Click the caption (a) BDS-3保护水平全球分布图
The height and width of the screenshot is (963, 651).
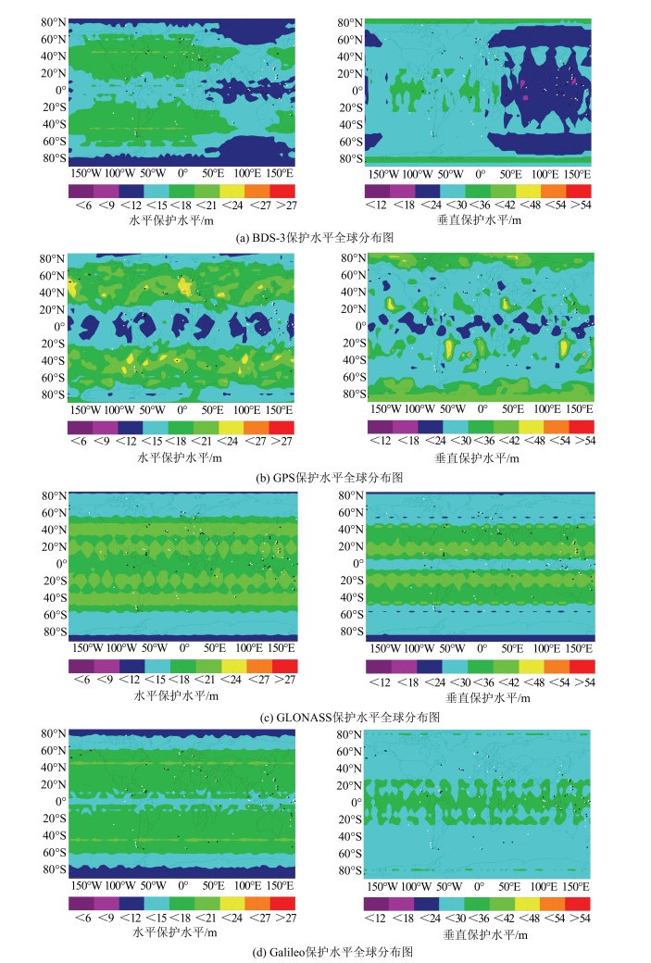325,237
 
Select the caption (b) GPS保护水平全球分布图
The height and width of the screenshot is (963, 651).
325,477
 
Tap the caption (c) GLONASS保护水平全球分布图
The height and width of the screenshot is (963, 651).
325,717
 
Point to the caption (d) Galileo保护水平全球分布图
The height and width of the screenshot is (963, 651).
325,952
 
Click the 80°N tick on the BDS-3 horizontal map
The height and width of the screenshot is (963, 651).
53,22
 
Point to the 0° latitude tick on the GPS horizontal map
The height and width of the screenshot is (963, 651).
60,327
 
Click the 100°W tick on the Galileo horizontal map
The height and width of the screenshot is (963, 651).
119,885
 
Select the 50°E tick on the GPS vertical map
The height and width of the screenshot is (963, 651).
511,409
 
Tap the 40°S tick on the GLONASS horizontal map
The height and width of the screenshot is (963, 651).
53,597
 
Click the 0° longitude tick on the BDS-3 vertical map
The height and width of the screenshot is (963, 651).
480,173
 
